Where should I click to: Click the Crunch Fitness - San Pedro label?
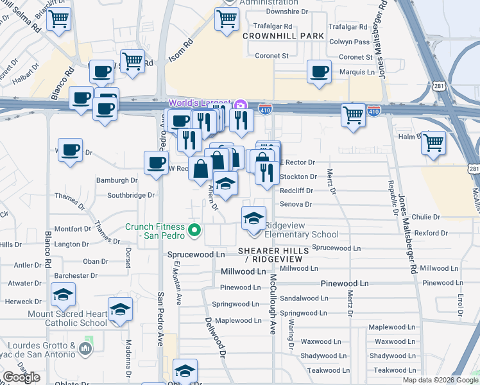155,230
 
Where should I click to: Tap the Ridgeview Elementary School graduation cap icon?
253,218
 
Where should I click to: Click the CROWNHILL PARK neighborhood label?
283,36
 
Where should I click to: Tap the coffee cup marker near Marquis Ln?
319,72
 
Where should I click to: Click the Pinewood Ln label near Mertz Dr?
345,283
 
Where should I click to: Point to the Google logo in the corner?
21,377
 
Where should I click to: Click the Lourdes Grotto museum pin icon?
86,348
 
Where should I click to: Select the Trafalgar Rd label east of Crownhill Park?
347,27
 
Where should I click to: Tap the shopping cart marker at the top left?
58,21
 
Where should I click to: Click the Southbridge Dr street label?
131,194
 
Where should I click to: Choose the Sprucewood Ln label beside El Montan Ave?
196,254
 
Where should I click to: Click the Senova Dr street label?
295,205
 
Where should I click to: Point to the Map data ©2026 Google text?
441,380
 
